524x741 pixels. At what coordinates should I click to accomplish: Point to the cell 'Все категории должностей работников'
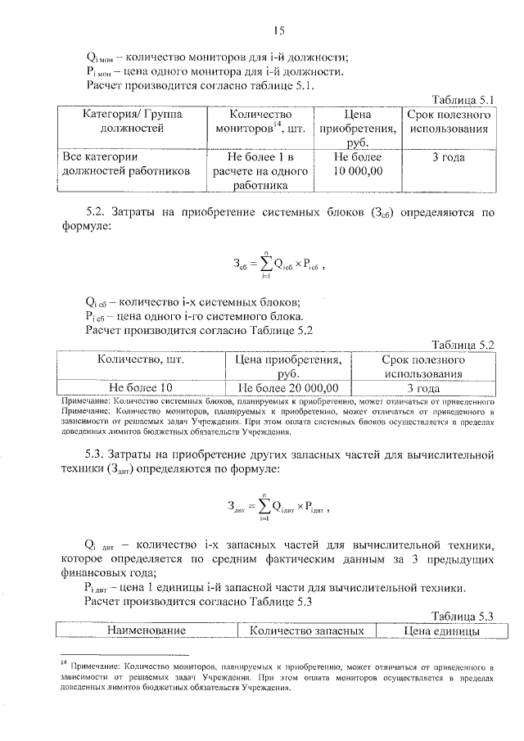(126, 163)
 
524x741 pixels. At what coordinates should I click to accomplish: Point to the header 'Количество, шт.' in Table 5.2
(139, 359)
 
